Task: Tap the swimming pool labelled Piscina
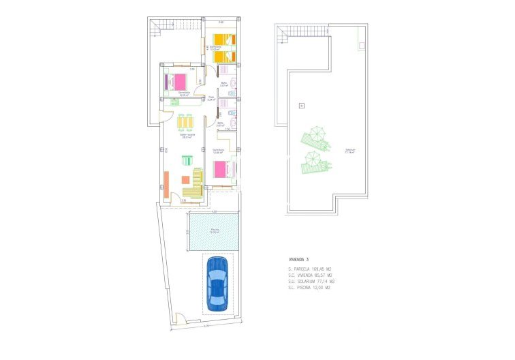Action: [x=214, y=231]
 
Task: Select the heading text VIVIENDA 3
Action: [x=298, y=260]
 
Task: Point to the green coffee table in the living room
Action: [x=186, y=161]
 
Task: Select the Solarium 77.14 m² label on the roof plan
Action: [x=349, y=151]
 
